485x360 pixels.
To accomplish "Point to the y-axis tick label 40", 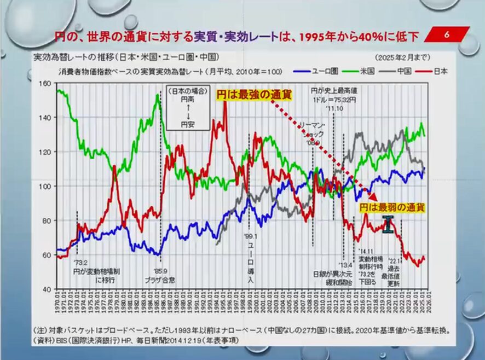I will [x=47, y=288].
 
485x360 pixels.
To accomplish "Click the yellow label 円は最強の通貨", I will [x=253, y=95].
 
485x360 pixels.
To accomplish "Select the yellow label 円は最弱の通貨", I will [x=392, y=208].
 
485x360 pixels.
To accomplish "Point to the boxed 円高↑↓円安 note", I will [x=187, y=108].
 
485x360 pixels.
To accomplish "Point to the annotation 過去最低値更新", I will [x=394, y=272].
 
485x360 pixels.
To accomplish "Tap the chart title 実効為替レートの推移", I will [x=126, y=57].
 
